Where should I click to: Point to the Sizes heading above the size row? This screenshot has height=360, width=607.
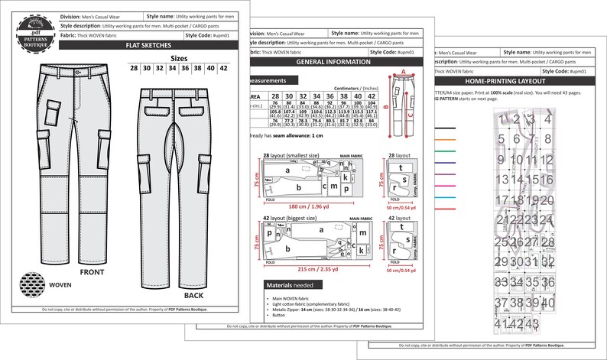pos(179,57)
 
